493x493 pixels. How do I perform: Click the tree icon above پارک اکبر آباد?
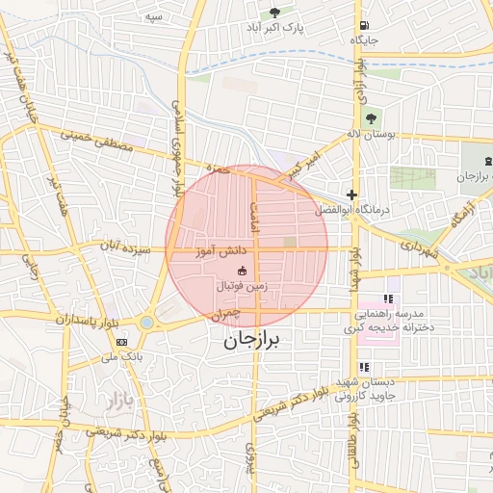pos(275,13)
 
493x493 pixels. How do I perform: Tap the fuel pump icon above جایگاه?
pos(362,25)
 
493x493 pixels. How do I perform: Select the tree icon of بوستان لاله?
pos(372,118)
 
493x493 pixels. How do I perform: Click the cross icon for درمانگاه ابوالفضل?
pos(352,195)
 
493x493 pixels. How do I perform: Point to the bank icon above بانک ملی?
pos(121,342)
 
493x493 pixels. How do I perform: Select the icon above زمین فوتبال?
pos(241,271)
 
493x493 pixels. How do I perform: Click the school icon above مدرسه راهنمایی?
pos(389,299)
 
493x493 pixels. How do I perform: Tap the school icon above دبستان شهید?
pos(365,367)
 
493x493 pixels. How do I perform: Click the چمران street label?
pos(221,314)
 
